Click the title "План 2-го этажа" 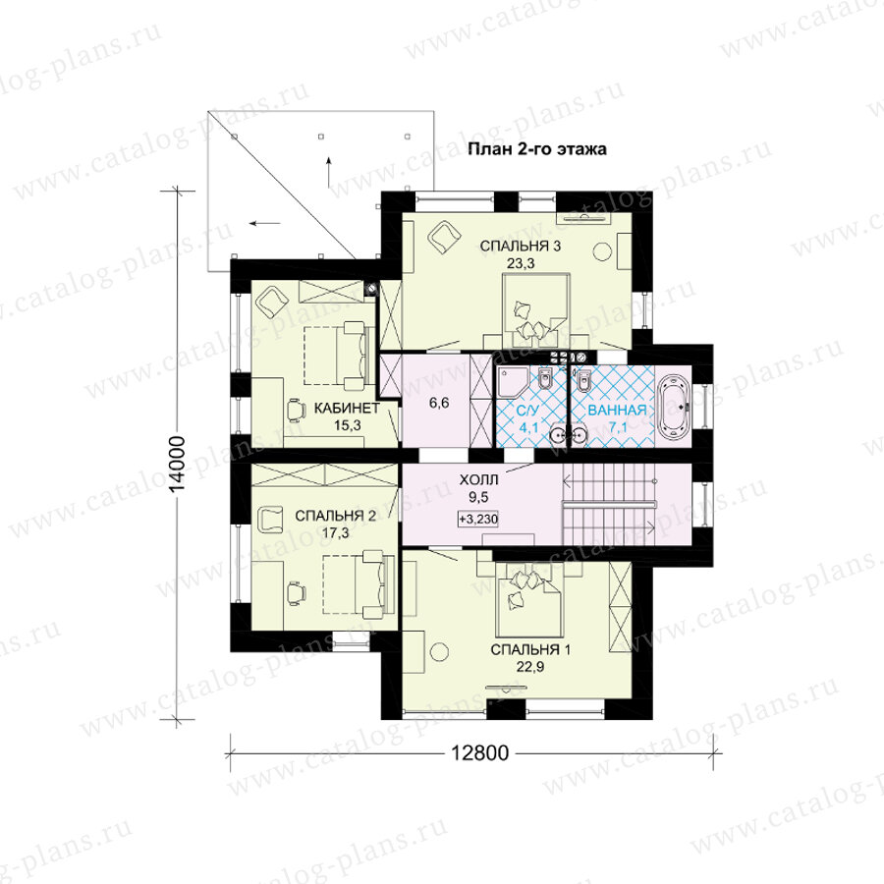click(x=536, y=149)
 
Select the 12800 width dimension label click(x=479, y=752)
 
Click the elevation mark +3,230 click(x=478, y=519)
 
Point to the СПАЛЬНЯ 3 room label click(x=521, y=246)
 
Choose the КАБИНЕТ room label click(x=347, y=408)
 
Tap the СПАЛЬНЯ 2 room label click(x=336, y=516)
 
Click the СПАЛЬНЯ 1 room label click(x=530, y=649)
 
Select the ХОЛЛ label click(x=478, y=479)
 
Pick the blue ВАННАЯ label click(x=617, y=410)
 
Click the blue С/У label click(x=528, y=410)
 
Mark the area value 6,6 click(x=439, y=403)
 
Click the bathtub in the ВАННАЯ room click(x=673, y=406)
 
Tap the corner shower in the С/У click(x=513, y=380)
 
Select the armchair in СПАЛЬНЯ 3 click(x=443, y=238)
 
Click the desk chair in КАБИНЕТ click(x=296, y=410)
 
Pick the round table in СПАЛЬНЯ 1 click(x=439, y=652)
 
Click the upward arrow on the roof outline click(x=329, y=173)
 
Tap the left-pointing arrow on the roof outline click(x=265, y=223)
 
